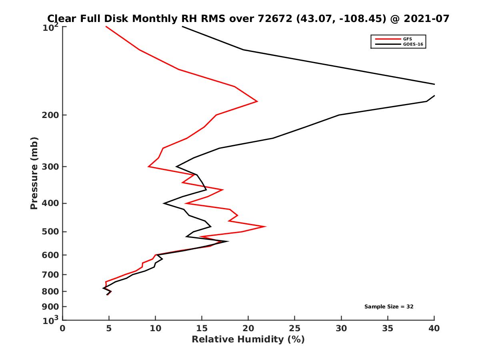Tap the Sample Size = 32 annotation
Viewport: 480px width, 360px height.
[x=388, y=306]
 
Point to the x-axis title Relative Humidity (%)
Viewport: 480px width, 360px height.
[x=248, y=340]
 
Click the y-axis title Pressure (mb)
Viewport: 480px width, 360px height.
[x=34, y=173]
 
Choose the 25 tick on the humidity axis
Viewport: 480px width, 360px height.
[x=295, y=328]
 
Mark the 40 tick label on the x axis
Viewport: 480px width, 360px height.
[x=434, y=328]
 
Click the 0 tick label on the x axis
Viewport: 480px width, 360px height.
[x=63, y=328]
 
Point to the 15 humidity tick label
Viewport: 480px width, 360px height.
[x=202, y=328]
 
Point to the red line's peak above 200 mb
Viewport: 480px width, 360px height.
[x=257, y=101]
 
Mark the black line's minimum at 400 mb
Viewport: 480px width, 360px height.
[x=164, y=204]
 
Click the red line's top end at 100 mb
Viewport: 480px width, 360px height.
[x=106, y=27]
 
